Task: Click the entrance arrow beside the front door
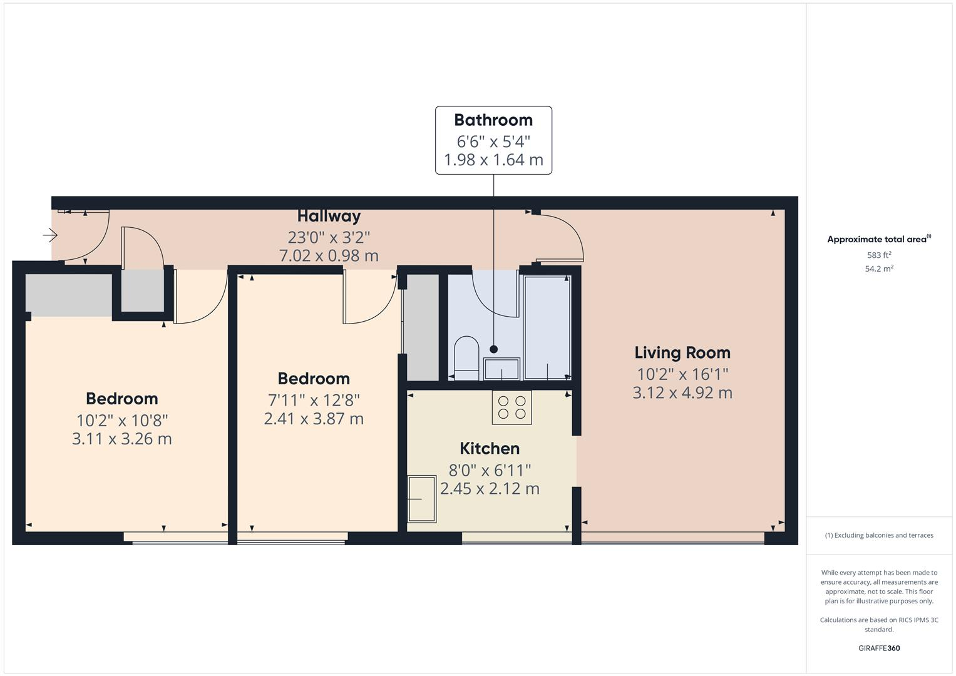(50, 235)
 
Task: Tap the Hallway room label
(329, 216)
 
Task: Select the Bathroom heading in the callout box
(493, 120)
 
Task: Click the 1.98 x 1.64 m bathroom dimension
(493, 160)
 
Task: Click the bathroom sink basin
(501, 369)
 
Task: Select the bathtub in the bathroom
(547, 327)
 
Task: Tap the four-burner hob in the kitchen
(511, 407)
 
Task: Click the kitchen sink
(422, 499)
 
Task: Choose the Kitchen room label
(490, 449)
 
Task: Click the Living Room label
(682, 353)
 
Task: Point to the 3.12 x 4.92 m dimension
(682, 393)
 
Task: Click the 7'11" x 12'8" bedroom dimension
(314, 399)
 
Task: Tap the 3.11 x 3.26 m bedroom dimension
(122, 439)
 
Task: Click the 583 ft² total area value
(879, 255)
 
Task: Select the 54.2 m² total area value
(879, 269)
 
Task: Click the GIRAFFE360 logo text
(879, 648)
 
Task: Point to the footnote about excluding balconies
(879, 535)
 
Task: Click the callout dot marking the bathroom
(494, 349)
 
